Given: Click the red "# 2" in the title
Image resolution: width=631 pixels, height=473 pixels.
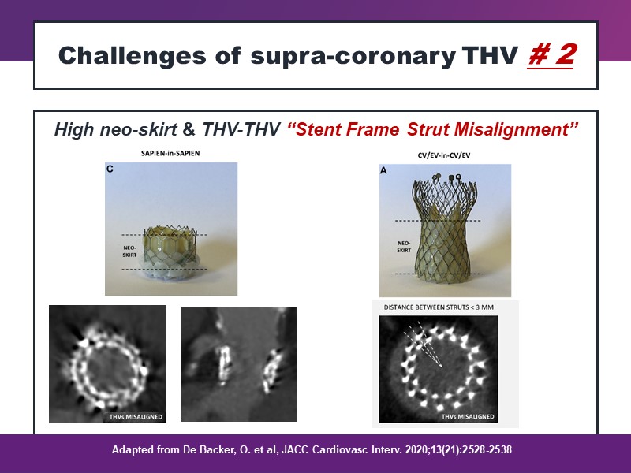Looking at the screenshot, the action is pyautogui.click(x=551, y=54).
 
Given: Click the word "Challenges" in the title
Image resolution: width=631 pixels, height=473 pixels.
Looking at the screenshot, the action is pyautogui.click(x=133, y=55).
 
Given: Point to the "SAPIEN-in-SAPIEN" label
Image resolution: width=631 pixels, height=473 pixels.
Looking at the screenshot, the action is pyautogui.click(x=170, y=153).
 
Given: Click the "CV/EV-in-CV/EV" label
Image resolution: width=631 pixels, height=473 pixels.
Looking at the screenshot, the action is pyautogui.click(x=444, y=155).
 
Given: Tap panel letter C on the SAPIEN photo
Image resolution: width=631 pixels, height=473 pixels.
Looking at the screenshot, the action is pyautogui.click(x=110, y=169).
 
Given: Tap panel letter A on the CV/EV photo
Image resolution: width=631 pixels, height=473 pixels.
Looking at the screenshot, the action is pyautogui.click(x=383, y=170).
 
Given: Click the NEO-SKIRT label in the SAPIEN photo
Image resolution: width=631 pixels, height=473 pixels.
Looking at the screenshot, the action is pyautogui.click(x=129, y=251).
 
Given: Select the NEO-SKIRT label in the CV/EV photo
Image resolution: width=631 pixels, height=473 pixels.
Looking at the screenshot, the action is pyautogui.click(x=404, y=247).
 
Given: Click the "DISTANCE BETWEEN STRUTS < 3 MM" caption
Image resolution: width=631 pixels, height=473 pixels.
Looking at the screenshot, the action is pyautogui.click(x=439, y=307).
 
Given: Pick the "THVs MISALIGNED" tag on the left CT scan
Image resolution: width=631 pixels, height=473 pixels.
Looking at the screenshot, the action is pyautogui.click(x=136, y=417).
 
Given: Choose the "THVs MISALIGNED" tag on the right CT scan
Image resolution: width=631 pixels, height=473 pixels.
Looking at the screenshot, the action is pyautogui.click(x=468, y=417).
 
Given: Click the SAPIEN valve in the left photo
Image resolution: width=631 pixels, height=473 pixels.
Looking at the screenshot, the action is pyautogui.click(x=170, y=251).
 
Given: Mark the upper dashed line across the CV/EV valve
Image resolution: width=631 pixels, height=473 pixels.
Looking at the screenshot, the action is pyautogui.click(x=438, y=221).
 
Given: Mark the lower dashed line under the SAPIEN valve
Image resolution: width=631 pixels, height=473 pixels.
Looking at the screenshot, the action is pyautogui.click(x=164, y=269).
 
